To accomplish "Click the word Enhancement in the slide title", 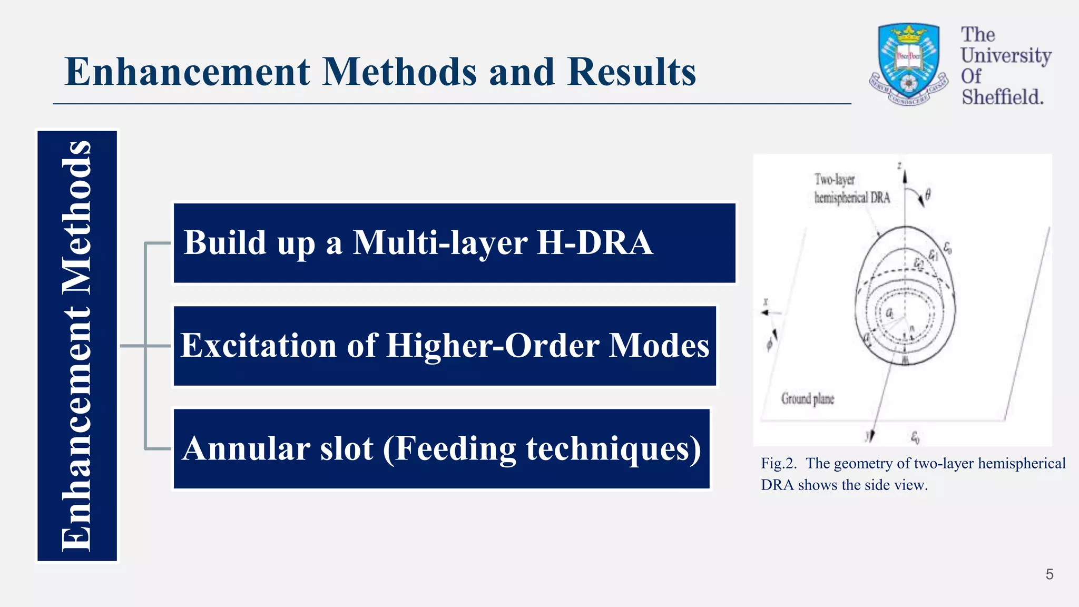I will [x=187, y=72].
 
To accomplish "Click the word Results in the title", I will [x=632, y=72].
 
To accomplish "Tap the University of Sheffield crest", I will [x=908, y=63].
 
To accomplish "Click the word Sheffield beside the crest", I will [x=1002, y=97].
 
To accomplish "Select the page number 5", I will [x=1049, y=574].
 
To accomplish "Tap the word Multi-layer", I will [x=440, y=243].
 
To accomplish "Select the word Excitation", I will [x=258, y=346].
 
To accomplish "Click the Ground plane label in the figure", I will [x=807, y=399].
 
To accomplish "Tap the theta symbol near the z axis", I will [x=927, y=195].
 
